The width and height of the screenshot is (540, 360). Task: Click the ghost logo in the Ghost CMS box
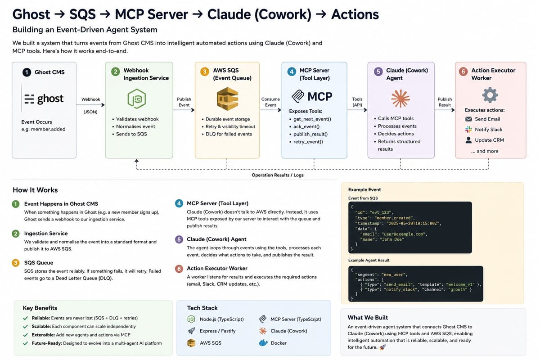tap(44, 99)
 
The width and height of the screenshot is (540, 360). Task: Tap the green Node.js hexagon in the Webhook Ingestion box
tap(136, 99)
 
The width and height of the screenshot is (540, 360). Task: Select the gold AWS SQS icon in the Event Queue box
tap(227, 99)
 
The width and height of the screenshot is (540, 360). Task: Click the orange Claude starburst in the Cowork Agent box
tap(400, 99)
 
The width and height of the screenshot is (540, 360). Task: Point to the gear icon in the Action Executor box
tap(490, 95)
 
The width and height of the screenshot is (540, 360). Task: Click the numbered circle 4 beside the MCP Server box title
tap(292, 72)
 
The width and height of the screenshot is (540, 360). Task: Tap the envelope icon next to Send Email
tap(468, 119)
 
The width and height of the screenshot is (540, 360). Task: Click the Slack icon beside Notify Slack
tap(468, 130)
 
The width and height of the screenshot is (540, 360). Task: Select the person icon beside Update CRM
tap(468, 140)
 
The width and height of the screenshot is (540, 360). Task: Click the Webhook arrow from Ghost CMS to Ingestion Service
tap(90, 105)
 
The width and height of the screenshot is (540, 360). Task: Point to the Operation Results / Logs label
tap(278, 175)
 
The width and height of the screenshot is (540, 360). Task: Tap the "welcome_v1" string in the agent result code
tap(460, 284)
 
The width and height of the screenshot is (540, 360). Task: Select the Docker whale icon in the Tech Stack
tap(263, 342)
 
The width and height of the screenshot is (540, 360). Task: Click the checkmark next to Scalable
tap(25, 327)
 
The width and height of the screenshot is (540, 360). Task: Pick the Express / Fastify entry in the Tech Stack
tap(217, 331)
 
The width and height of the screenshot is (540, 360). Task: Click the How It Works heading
tap(35, 190)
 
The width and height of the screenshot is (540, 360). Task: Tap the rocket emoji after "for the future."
tap(382, 347)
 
